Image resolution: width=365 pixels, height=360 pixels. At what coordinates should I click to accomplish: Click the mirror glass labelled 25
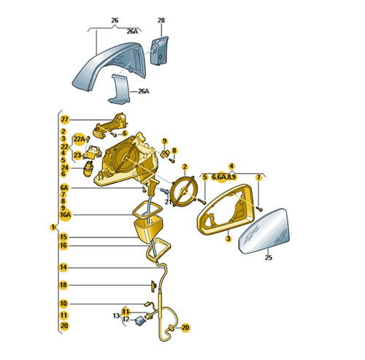pyautogui.click(x=264, y=231)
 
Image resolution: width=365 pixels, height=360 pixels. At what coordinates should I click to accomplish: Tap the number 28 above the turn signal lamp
pyautogui.click(x=161, y=20)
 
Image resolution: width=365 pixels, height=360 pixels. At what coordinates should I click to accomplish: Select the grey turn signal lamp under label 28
pyautogui.click(x=159, y=50)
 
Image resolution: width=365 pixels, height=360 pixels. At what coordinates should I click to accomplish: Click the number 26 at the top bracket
pyautogui.click(x=115, y=20)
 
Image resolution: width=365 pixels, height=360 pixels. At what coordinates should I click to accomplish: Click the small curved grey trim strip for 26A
pyautogui.click(x=119, y=89)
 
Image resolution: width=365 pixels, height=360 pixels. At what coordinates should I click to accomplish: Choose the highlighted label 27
pyautogui.click(x=65, y=119)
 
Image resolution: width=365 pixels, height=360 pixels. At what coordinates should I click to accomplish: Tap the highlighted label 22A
pyautogui.click(x=80, y=139)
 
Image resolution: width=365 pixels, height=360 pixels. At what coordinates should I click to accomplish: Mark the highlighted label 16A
pyautogui.click(x=65, y=215)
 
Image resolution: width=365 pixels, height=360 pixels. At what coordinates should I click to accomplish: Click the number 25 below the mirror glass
pyautogui.click(x=269, y=258)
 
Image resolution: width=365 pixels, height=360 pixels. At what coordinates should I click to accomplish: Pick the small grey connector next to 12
pyautogui.click(x=140, y=321)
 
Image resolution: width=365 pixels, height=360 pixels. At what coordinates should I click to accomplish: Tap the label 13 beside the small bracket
pyautogui.click(x=116, y=315)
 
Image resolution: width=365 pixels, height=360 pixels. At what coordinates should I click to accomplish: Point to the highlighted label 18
pyautogui.click(x=64, y=285)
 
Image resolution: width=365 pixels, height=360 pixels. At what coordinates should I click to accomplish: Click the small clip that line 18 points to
pyautogui.click(x=154, y=286)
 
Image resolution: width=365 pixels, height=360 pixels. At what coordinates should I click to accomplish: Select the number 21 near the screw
pyautogui.click(x=168, y=202)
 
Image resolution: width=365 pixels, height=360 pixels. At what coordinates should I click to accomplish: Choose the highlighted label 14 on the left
pyautogui.click(x=64, y=267)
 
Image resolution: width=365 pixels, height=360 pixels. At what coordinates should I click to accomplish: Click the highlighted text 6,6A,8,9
pyautogui.click(x=223, y=177)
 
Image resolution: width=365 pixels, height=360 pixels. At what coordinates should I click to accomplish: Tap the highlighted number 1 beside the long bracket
pyautogui.click(x=53, y=227)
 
